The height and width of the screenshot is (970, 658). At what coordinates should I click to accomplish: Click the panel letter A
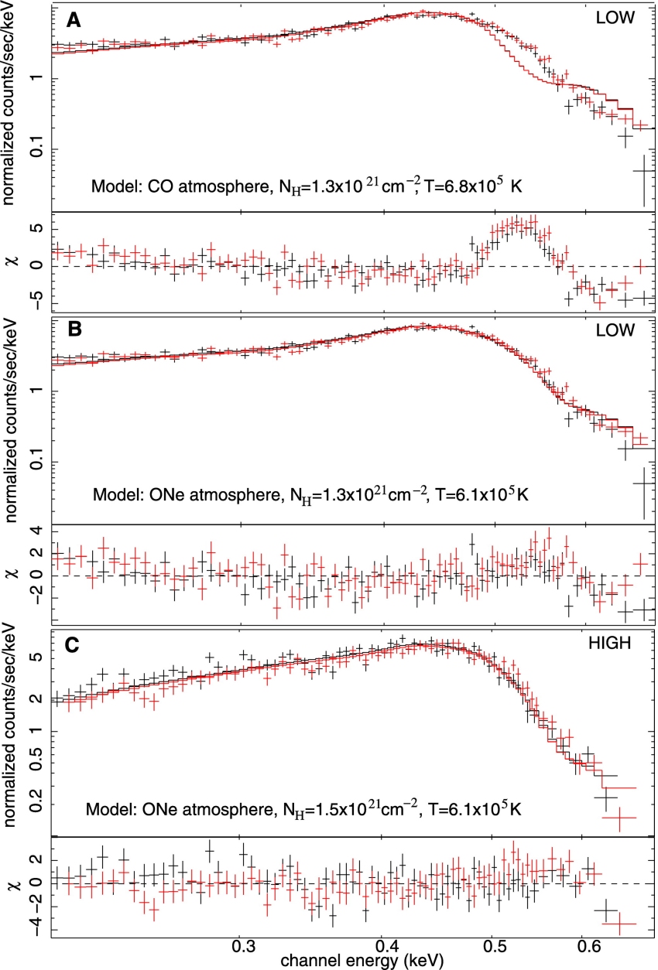pyautogui.click(x=72, y=21)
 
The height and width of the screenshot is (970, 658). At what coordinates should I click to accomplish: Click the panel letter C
pyautogui.click(x=72, y=645)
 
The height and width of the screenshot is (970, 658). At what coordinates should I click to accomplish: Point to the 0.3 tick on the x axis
pyautogui.click(x=242, y=944)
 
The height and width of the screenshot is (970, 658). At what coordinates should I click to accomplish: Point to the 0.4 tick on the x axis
pyautogui.click(x=384, y=944)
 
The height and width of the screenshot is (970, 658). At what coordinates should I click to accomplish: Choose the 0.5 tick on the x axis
pyautogui.click(x=494, y=944)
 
